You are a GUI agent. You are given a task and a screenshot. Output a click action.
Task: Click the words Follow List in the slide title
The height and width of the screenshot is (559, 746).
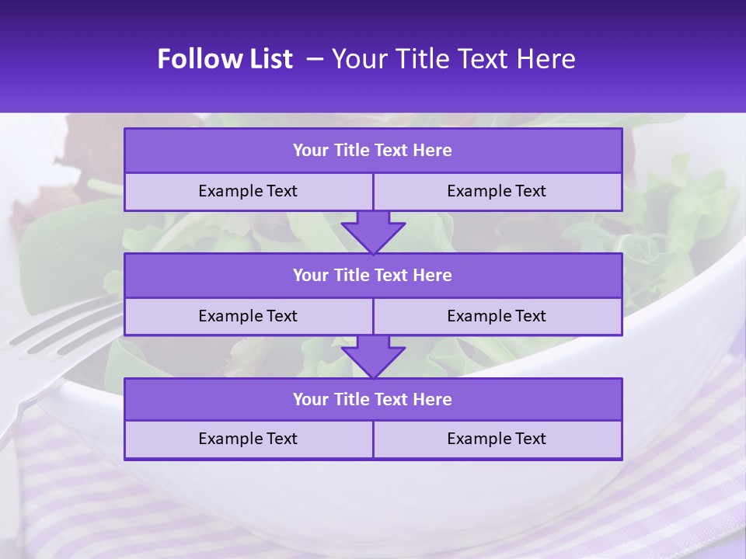tap(225, 59)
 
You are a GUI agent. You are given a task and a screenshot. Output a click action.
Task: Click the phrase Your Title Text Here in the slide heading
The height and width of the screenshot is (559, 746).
tap(454, 59)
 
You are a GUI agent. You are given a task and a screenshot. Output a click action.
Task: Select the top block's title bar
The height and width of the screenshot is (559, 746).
tap(373, 151)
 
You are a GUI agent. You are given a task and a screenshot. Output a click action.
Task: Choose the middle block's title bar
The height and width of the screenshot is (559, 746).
tap(373, 275)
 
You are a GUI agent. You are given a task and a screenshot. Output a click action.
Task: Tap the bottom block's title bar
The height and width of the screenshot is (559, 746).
tap(373, 399)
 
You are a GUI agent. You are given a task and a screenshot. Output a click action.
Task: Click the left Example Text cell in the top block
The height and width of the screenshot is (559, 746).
tap(248, 191)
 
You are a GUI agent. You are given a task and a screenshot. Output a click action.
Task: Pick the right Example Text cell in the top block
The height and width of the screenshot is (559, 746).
tap(497, 191)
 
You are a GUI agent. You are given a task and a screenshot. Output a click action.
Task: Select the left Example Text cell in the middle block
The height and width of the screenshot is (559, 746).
tap(248, 316)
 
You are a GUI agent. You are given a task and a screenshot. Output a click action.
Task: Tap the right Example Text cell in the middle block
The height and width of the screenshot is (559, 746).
tap(497, 316)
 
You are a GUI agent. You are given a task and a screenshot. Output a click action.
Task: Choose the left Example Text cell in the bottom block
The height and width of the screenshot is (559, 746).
tap(248, 439)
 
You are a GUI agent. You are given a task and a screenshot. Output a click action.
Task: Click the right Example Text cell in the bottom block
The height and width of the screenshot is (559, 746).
tap(497, 439)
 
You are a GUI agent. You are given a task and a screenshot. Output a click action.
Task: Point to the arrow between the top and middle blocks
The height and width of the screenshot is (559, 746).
tap(373, 232)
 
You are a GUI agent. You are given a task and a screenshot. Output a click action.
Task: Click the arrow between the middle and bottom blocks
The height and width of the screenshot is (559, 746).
tap(373, 356)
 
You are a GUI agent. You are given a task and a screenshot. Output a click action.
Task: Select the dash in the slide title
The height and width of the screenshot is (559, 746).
tap(315, 59)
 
